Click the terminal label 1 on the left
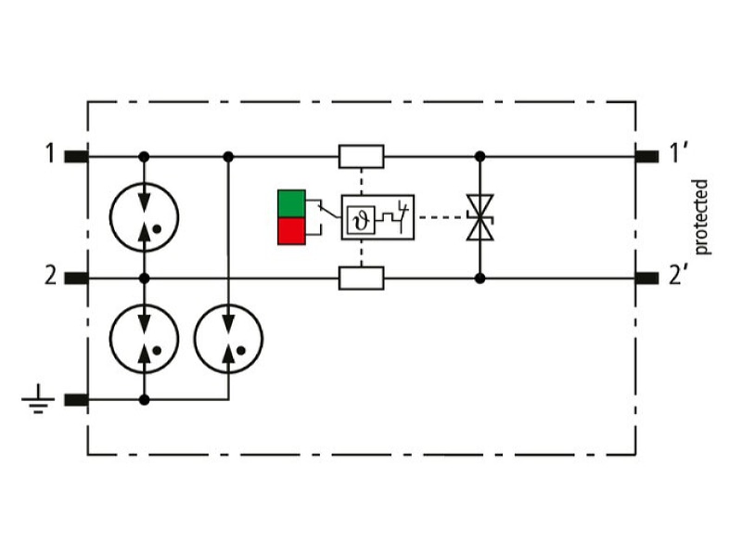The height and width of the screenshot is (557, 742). tap(50, 154)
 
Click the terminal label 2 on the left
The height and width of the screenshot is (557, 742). tap(51, 276)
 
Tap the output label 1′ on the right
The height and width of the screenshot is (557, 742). tap(678, 153)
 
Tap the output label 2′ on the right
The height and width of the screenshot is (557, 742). tap(678, 275)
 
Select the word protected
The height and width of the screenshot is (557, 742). tap(701, 217)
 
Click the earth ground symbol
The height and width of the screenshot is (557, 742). tap(38, 399)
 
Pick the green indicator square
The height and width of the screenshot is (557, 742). tap(291, 203)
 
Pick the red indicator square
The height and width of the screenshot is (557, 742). tap(291, 231)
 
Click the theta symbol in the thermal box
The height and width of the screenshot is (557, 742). tap(362, 220)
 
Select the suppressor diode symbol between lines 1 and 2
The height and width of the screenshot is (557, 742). tap(480, 217)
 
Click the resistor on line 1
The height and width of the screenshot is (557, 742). tap(362, 156)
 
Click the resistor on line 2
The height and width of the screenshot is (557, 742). tap(362, 278)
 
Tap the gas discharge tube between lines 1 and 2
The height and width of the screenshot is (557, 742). tap(145, 217)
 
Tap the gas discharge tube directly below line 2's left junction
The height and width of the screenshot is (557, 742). tap(145, 339)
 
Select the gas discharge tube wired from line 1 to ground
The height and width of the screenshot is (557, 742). tap(228, 339)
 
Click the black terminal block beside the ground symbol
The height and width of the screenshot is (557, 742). tap(77, 400)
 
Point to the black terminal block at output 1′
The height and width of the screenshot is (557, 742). tap(646, 156)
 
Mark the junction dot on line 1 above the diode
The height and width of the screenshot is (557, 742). tap(480, 156)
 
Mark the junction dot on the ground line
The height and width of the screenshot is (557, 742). tap(145, 400)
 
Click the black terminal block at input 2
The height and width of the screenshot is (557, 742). tap(77, 278)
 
